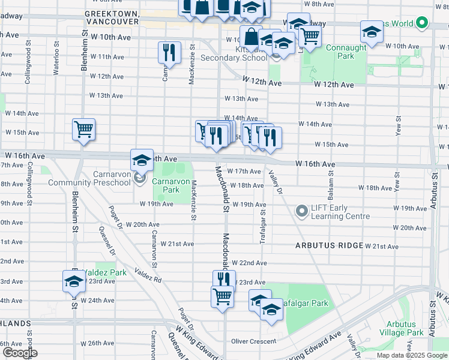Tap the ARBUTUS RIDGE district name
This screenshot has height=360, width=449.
pos(329,246)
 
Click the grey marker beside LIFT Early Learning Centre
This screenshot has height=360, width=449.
pos(301,211)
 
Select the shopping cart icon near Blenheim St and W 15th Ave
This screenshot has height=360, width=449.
pos(84,130)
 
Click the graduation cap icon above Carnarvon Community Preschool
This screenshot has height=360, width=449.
pos(142,160)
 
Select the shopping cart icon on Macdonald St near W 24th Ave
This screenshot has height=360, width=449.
pos(222,296)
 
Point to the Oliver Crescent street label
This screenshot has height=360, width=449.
pos(253,341)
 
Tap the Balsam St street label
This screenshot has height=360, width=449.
pos(331,173)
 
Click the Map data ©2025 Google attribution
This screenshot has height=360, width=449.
pos(411,355)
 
